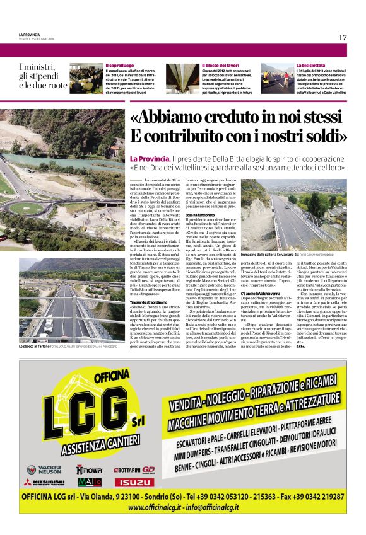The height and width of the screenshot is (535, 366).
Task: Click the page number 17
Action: click(x=342, y=37)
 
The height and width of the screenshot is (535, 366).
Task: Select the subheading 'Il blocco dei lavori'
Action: click(x=220, y=66)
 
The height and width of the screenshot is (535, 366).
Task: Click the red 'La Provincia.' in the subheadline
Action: click(x=150, y=158)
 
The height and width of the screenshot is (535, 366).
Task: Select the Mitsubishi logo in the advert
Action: click(x=45, y=482)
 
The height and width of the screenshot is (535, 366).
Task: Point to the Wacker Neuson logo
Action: click(x=45, y=469)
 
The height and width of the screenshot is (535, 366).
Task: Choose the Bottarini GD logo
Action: click(x=134, y=469)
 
